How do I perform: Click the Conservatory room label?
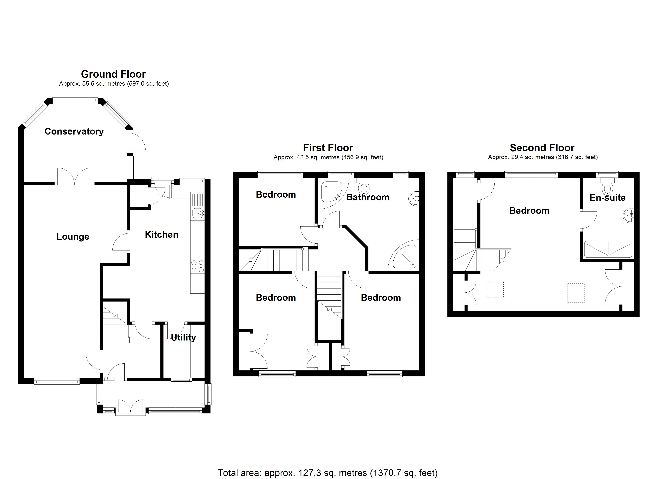[x=74, y=132]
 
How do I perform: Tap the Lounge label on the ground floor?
[x=73, y=237]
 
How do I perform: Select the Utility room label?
[x=183, y=337]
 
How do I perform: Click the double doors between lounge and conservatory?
[x=75, y=177]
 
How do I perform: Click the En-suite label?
[x=607, y=198]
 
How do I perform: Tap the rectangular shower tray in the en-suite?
[x=607, y=249]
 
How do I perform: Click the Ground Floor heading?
[x=113, y=74]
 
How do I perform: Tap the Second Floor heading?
[x=542, y=148]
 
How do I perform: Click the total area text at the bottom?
[x=328, y=473]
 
